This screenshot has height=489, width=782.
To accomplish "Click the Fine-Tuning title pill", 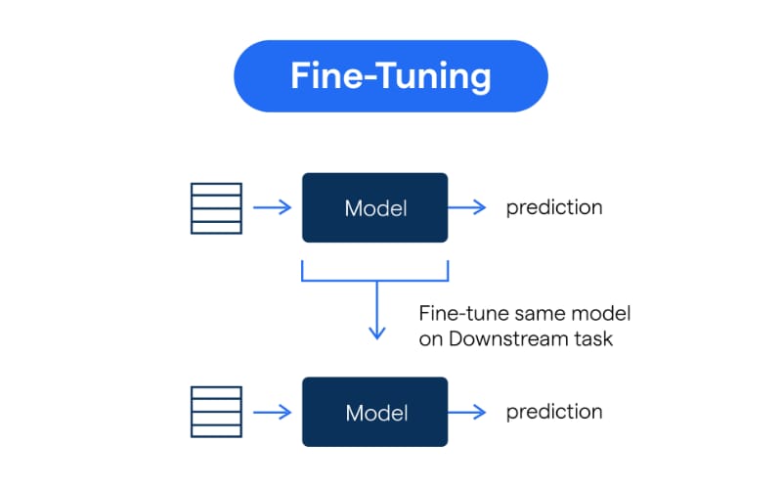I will (390, 76).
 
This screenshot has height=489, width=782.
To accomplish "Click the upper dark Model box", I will (375, 207).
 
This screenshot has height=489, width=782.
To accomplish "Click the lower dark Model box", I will (375, 412).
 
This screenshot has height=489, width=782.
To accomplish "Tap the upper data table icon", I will (215, 207).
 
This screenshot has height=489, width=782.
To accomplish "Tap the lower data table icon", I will (215, 412).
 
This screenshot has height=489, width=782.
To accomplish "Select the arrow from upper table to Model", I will (272, 207).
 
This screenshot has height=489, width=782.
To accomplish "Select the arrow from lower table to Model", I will (272, 412).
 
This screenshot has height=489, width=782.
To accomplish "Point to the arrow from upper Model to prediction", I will (468, 207).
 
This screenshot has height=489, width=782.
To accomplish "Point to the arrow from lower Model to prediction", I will (468, 412).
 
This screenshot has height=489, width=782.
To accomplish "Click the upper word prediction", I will (554, 207).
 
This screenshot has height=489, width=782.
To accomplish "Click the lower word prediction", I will (554, 412).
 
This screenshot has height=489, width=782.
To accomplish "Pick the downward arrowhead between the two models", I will (375, 333).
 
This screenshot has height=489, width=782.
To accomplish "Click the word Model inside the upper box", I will (375, 208).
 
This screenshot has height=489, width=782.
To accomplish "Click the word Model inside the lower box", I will (375, 413).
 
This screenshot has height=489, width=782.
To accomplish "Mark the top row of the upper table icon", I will (215, 188).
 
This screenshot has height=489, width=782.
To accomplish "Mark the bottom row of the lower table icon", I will (215, 432).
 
